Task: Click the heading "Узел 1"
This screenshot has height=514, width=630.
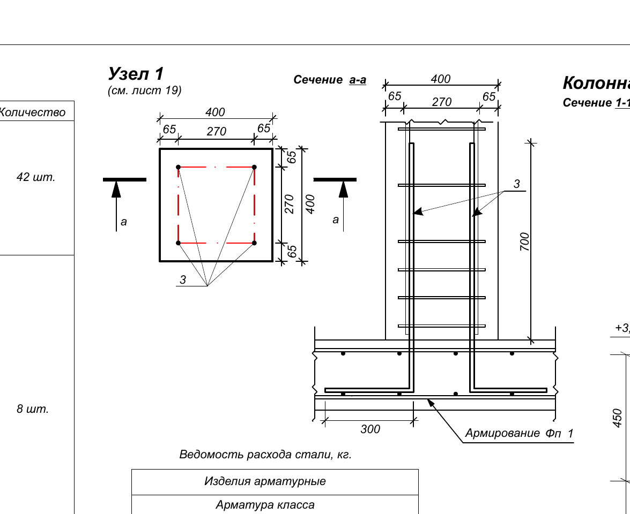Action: coord(136,74)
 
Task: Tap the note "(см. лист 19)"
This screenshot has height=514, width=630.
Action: coord(145,90)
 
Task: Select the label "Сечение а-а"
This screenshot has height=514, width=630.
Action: coord(330,80)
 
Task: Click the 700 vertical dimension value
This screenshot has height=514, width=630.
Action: coord(524,241)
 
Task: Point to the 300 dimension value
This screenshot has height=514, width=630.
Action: coord(370,429)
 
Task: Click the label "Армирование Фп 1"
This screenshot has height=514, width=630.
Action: coord(519,433)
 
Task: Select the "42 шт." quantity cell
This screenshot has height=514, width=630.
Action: coord(36,177)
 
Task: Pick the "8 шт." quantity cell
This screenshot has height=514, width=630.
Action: coord(33,409)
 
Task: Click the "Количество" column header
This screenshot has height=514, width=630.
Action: coord(32,112)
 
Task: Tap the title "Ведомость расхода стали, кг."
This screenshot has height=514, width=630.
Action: coord(265,455)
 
